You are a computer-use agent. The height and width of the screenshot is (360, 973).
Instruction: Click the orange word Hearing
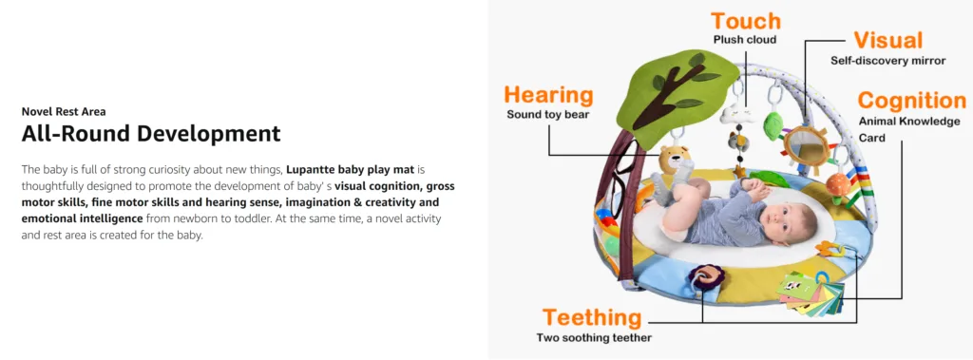point(548,96)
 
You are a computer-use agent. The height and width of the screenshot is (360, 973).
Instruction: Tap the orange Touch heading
point(744,21)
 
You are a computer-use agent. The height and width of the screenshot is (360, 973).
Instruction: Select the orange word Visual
point(888,40)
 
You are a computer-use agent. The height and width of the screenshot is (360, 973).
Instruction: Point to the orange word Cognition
point(911,100)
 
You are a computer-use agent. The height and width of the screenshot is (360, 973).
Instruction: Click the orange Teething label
point(591,317)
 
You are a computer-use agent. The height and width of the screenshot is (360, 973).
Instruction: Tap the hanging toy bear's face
point(674,161)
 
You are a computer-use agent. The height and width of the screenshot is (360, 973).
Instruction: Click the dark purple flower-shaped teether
point(706,277)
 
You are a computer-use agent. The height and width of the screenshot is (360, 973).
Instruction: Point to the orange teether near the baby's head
point(829,249)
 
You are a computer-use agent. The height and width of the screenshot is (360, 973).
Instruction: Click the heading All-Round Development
point(151,133)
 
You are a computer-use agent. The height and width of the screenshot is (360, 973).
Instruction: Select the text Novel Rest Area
point(64,112)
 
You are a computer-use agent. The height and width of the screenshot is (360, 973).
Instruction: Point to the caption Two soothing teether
point(594,338)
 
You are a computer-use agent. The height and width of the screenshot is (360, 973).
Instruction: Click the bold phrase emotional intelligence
point(83,218)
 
